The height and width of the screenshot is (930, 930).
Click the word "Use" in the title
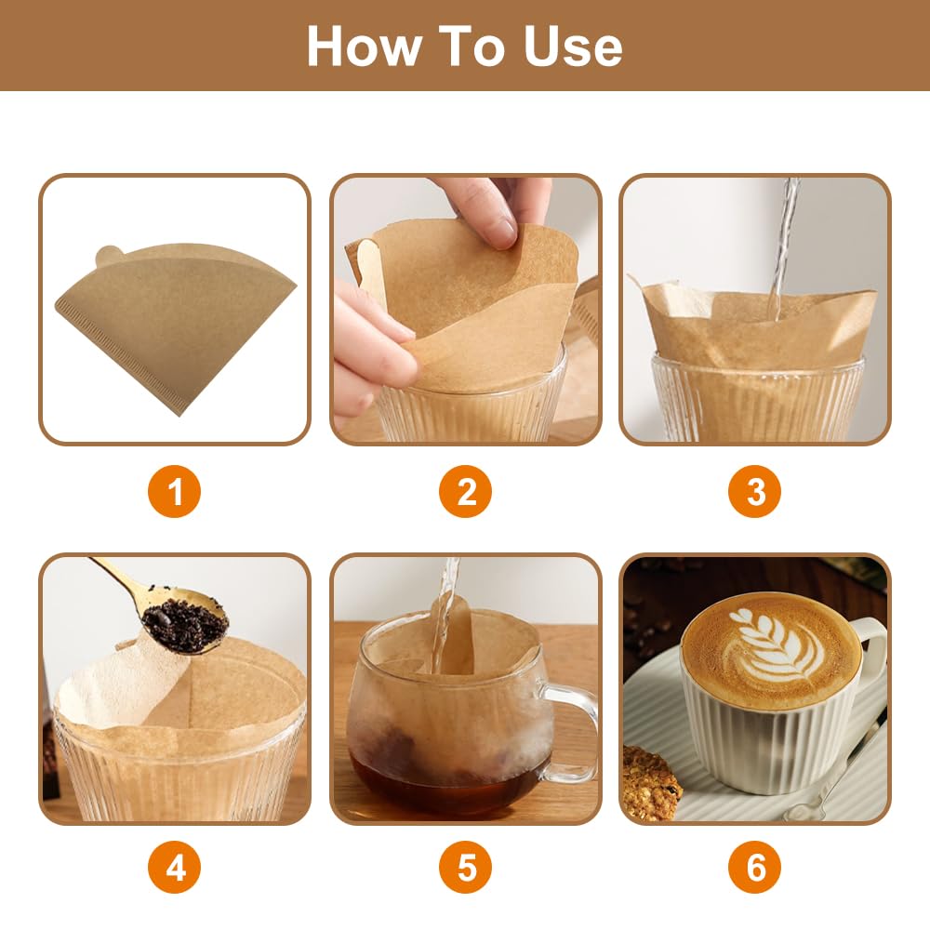coord(572,46)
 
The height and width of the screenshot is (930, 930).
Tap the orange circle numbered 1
coord(174,491)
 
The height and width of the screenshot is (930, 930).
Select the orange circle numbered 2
coord(466,491)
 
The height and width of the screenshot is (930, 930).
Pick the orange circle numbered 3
coord(756,491)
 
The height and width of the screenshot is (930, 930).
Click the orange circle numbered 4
coord(174,869)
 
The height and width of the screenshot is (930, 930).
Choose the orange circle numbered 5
coord(466,869)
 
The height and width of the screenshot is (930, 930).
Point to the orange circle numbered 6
coord(756,869)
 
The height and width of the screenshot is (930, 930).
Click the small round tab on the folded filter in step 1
coord(110,254)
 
